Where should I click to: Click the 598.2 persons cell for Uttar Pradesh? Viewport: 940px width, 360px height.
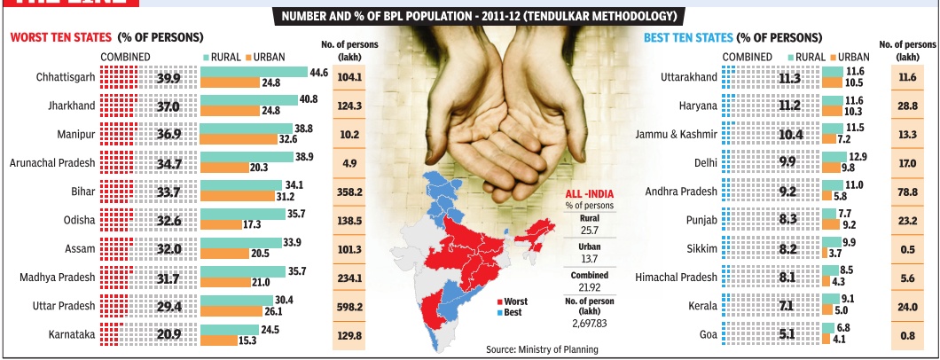(350, 306)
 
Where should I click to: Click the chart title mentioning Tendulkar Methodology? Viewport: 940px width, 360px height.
(469, 17)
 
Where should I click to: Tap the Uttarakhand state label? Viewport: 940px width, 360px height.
(689, 77)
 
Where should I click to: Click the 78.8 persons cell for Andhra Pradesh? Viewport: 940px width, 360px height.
(906, 192)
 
